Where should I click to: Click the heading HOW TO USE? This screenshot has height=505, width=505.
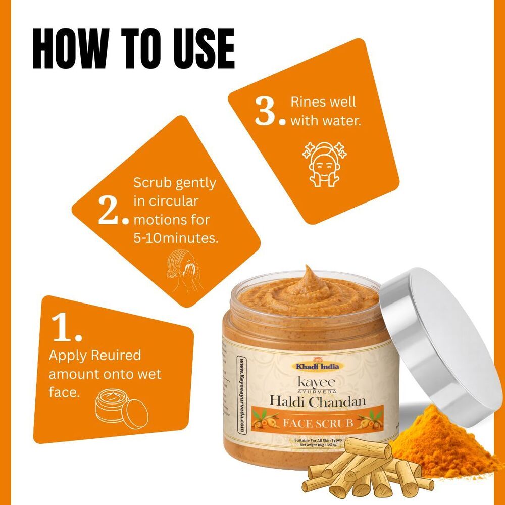pyautogui.click(x=133, y=48)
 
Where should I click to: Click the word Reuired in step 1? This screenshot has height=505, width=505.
pyautogui.click(x=116, y=356)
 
